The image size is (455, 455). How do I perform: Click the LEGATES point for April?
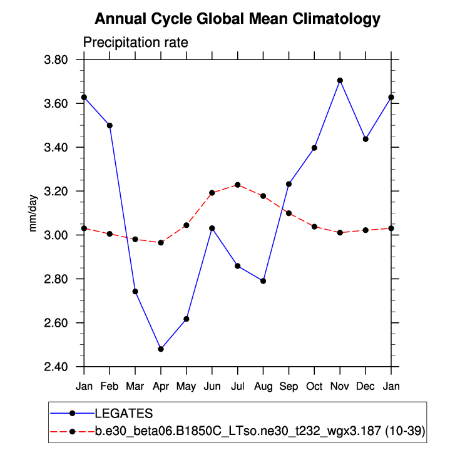click(x=161, y=349)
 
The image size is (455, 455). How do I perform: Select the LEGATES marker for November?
click(x=340, y=80)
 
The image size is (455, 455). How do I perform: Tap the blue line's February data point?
click(x=110, y=125)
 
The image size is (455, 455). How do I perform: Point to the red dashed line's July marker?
click(x=238, y=185)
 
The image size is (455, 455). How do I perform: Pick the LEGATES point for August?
click(x=263, y=281)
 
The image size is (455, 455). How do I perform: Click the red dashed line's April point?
click(x=161, y=242)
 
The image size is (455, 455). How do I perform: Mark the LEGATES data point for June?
click(x=212, y=228)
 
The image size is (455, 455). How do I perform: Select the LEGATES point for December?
click(x=366, y=139)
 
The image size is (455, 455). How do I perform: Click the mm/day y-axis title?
click(x=33, y=214)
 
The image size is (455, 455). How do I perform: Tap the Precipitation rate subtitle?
click(x=136, y=43)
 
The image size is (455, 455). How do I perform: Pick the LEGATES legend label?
click(x=124, y=413)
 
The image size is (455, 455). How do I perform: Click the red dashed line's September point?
click(x=289, y=213)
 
